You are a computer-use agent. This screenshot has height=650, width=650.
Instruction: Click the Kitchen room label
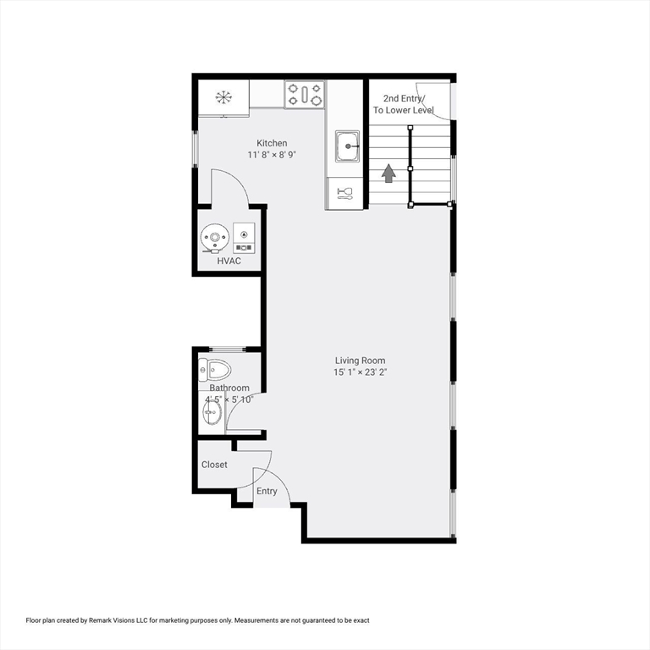[x=272, y=143]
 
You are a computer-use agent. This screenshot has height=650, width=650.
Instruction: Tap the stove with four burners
[x=305, y=94]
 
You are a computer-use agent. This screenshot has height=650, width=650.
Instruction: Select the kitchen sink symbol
[x=346, y=146]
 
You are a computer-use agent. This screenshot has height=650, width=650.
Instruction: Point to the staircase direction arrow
[x=388, y=174]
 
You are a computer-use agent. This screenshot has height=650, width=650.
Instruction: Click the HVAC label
[x=229, y=261]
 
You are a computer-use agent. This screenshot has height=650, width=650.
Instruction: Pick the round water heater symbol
[x=215, y=239]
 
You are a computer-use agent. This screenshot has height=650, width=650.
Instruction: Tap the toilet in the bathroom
[x=216, y=369]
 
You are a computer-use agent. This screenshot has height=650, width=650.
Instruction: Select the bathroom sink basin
[x=212, y=414]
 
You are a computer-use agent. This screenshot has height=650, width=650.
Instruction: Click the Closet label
[x=214, y=465]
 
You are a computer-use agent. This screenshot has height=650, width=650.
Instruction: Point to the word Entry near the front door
[x=267, y=492]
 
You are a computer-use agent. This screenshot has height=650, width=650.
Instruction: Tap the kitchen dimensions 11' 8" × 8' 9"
[x=272, y=155]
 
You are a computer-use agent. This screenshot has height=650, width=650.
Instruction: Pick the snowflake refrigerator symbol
[x=223, y=96]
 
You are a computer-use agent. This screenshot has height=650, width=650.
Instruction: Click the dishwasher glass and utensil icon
[x=345, y=192]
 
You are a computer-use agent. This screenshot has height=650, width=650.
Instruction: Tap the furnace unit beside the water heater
[x=244, y=238]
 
